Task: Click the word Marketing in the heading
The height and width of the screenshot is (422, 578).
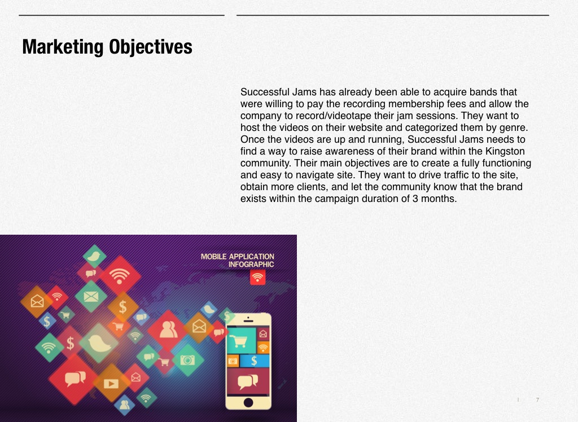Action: (63, 47)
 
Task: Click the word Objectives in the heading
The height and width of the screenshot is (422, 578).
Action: (150, 47)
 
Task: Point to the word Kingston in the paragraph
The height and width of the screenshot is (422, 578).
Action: (505, 151)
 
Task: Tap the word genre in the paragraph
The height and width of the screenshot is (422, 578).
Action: (513, 128)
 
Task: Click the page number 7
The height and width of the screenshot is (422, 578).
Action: (537, 399)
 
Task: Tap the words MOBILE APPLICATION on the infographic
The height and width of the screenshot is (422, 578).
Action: (238, 257)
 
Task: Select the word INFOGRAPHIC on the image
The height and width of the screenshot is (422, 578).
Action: (251, 264)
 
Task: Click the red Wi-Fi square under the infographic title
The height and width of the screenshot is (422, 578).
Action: (257, 277)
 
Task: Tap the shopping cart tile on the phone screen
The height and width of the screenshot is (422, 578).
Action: (241, 341)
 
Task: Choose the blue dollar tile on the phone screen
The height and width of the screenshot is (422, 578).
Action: (255, 361)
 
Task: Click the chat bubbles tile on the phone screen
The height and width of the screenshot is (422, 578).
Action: (248, 381)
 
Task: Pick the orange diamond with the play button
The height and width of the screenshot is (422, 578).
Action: (111, 384)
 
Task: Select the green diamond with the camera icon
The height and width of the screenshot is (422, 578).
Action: (187, 360)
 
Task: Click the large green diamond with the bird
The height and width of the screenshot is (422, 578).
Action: (99, 343)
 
